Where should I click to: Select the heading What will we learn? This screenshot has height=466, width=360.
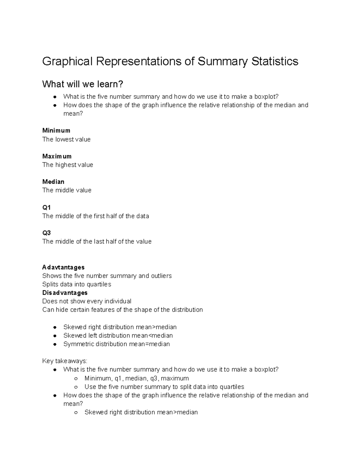coord(82,84)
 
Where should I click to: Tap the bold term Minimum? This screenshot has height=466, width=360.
coord(56,131)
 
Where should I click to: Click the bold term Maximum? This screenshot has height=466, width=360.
coord(57,156)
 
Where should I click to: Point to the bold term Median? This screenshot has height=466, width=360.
coord(53,182)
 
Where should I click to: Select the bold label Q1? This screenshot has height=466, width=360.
coord(46,208)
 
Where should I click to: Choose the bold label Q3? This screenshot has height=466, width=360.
coord(46,233)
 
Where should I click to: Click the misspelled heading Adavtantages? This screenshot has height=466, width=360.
coord(63,267)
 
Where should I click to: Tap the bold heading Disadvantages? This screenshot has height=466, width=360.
coord(65,293)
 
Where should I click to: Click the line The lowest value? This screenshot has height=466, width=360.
coord(66,139)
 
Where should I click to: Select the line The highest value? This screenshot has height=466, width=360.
coord(67,165)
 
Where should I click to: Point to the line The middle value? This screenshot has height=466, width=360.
coord(67,190)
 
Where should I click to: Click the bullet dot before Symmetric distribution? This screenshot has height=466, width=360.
coord(55,344)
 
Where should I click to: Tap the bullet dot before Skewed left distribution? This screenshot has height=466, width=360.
coord(55,336)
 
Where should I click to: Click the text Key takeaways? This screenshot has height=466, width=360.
coord(64,361)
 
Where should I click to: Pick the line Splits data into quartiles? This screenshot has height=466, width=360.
coord(76,284)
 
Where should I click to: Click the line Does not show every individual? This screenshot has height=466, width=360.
coord(87,301)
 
